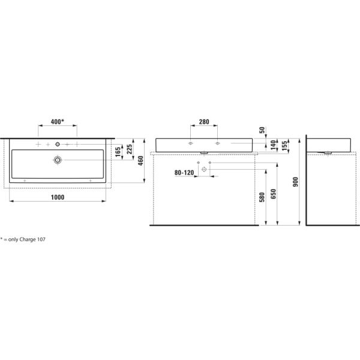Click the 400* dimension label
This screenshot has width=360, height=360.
58,122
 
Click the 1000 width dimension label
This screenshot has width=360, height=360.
58,197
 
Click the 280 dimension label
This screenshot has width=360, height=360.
203,122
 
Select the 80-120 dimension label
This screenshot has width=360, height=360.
185,172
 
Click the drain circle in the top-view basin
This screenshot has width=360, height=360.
58,160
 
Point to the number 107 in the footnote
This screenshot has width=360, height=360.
41,239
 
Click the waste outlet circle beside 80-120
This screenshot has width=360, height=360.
204,170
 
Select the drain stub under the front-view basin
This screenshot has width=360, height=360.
204,152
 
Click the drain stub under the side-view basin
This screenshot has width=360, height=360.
328,152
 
